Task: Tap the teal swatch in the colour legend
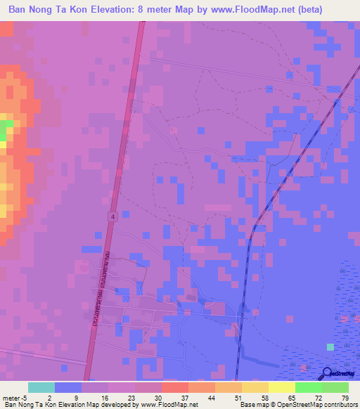(x=41, y=387)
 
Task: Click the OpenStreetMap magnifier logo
(x=328, y=374)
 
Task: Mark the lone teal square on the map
(x=330, y=346)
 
